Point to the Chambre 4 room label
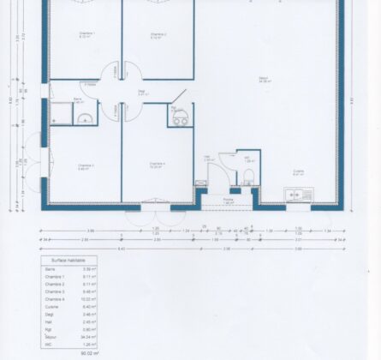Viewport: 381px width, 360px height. [x=157, y=164]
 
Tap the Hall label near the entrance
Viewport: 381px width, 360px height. [x=208, y=159]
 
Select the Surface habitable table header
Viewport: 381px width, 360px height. [x=68, y=259]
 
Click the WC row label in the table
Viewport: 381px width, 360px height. [x=47, y=345]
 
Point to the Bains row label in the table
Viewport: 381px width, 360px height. [x=49, y=268]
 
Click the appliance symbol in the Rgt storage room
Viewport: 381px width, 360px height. [x=180, y=120]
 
